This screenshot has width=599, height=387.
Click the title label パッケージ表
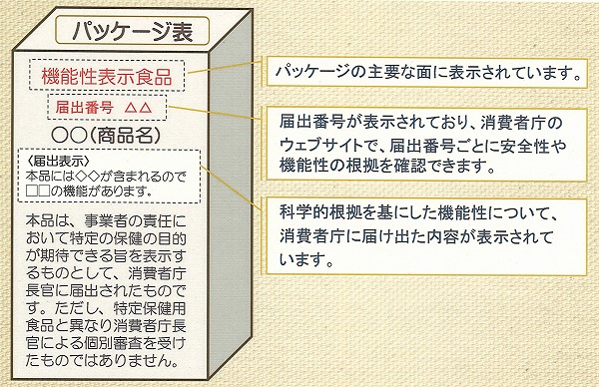tap(133, 31)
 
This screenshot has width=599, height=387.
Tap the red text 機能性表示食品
tap(107, 77)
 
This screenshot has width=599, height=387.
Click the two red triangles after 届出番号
tap(139, 108)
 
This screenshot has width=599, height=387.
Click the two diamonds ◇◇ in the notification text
tap(88, 177)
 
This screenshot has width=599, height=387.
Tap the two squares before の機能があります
tap(38, 192)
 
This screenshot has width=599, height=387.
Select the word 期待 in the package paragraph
tap(54, 255)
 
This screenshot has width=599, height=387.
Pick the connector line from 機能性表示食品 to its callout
tap(225, 67)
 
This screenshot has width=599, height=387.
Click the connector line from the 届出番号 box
tap(214, 112)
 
